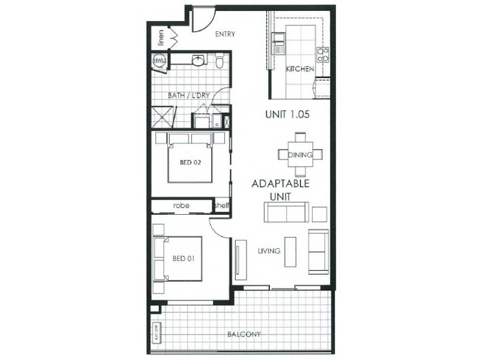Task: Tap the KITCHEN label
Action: (299, 70)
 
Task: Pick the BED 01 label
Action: (182, 259)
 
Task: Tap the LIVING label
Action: (270, 251)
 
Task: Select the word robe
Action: (181, 205)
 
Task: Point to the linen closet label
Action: (161, 38)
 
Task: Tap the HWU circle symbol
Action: (159, 61)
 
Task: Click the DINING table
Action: (300, 155)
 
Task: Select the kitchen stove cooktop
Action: (323, 55)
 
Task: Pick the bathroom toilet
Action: (220, 61)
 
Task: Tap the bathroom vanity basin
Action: (199, 60)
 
